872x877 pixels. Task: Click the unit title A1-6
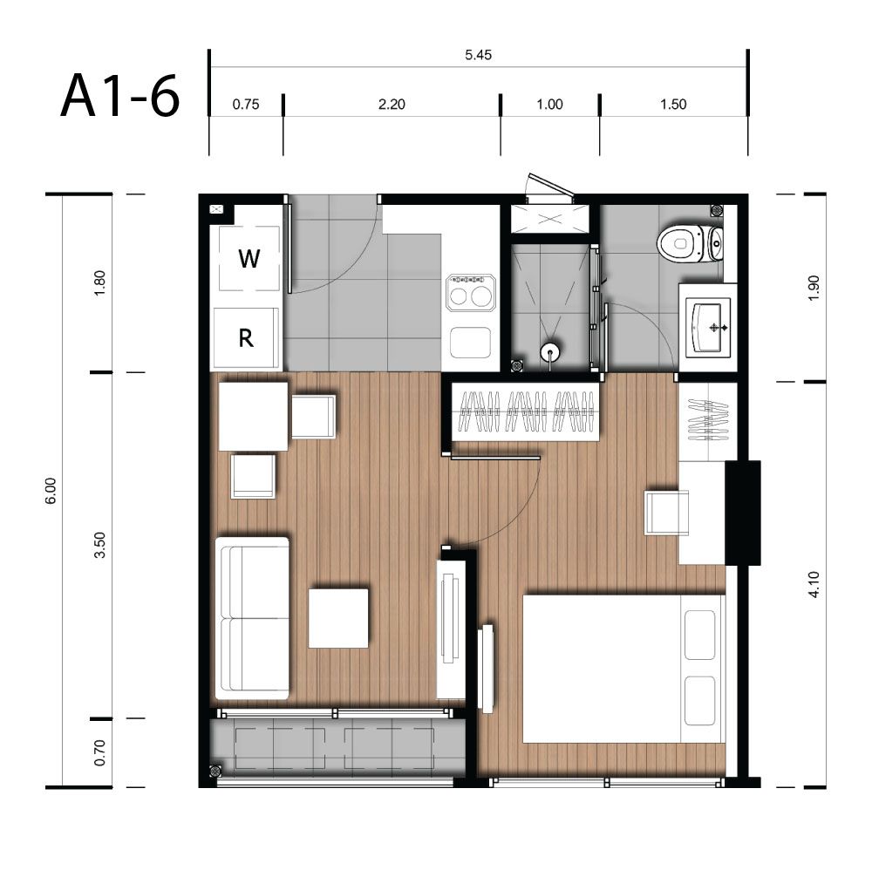coord(119,96)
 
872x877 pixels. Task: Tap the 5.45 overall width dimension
coord(478,55)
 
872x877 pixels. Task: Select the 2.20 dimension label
coord(392,104)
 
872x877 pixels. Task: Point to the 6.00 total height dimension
coord(51,491)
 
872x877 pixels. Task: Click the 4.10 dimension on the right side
coord(814,584)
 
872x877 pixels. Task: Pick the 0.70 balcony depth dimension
coord(99,753)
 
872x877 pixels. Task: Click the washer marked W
coord(249,258)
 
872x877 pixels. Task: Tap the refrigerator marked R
coord(246,338)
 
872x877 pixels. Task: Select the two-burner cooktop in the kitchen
coord(470,293)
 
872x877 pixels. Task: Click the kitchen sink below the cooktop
coord(470,343)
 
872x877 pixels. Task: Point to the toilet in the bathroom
coord(690,244)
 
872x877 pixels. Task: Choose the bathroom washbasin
coord(708,327)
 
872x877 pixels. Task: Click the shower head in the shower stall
coord(550,353)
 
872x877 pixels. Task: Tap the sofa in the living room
coord(252,618)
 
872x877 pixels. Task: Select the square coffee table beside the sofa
coord(338,618)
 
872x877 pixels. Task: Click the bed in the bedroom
coord(623,669)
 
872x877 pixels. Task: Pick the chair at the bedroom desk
coord(666,513)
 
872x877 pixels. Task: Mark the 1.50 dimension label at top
coord(673,104)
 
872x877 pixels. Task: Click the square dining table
coord(253,416)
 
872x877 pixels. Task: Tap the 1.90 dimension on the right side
coord(814,288)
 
